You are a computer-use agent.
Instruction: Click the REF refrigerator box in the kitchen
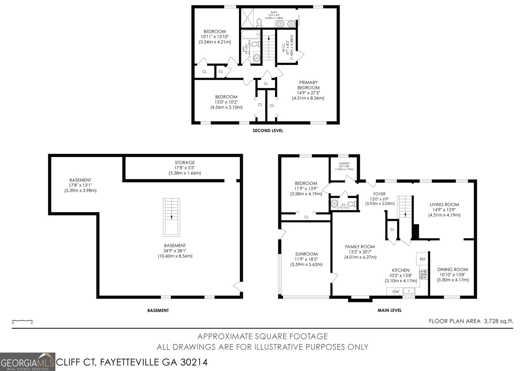click(422, 259)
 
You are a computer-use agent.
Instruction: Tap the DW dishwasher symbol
click(396, 292)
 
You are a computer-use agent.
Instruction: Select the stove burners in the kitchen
click(424, 274)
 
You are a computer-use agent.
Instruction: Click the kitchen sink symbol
click(409, 291)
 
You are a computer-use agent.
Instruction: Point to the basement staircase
click(172, 217)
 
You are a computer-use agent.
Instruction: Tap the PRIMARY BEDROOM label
click(308, 85)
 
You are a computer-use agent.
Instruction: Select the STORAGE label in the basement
click(185, 162)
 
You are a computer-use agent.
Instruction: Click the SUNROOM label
click(306, 254)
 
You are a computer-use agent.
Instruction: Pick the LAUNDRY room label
click(344, 163)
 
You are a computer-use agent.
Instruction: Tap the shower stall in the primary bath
click(247, 18)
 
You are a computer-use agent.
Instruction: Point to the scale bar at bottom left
click(22, 321)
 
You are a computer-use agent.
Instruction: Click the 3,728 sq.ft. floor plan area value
click(498, 321)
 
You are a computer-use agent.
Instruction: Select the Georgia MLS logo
click(28, 362)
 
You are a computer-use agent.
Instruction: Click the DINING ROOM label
click(452, 270)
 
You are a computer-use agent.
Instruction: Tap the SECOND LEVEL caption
click(268, 131)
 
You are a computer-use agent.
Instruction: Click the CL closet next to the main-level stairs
click(392, 230)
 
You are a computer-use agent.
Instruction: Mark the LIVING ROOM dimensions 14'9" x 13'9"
click(444, 210)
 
